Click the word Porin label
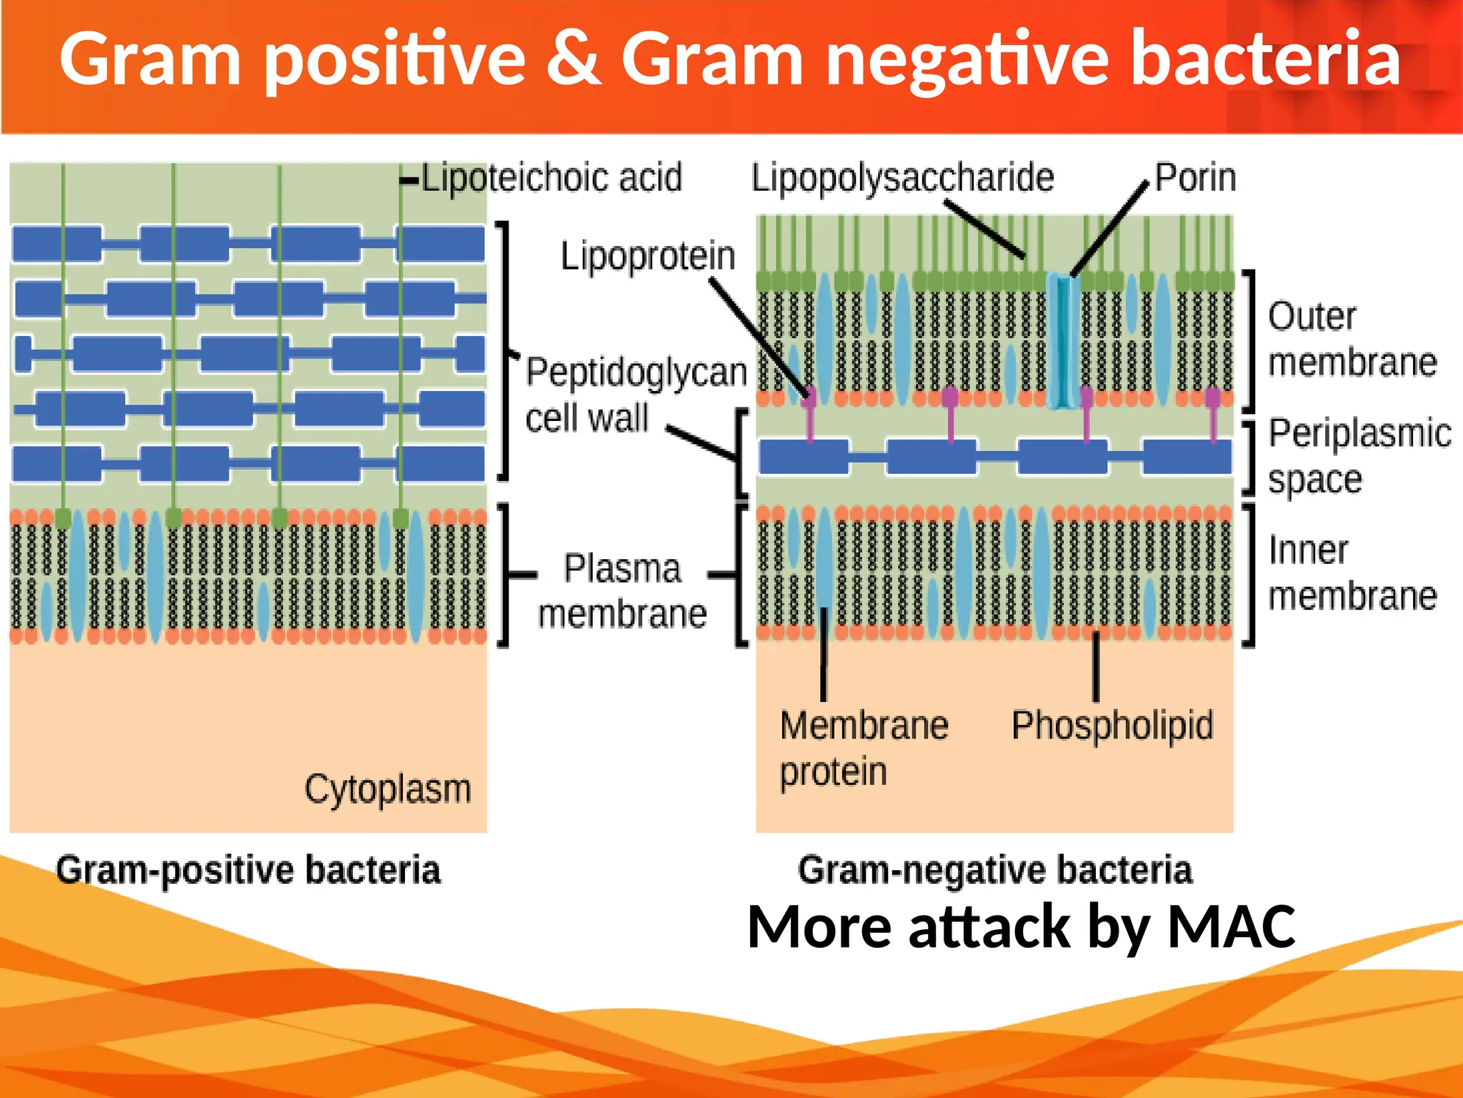coord(1195,177)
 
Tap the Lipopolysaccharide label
coord(902,177)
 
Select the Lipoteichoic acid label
coord(551,177)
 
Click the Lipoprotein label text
coord(647,256)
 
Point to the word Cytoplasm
coord(388,789)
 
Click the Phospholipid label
coord(1112,726)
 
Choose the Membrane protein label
coord(863,748)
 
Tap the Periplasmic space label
coord(1359,455)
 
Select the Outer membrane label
coord(1352,339)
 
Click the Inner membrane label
coord(1352,573)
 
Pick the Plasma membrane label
coord(622,591)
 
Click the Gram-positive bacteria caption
coord(249,870)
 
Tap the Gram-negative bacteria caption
coord(995,870)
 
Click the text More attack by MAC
coord(1021,926)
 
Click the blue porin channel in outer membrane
coord(1064,341)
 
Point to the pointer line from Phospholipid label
coord(1096,666)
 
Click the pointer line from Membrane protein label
coord(824,654)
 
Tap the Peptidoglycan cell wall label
coord(634,395)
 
